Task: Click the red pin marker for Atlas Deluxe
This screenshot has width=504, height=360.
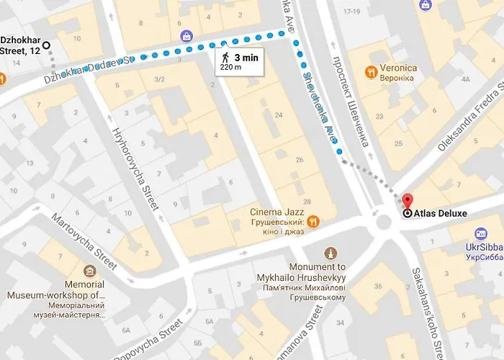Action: pos(408,202)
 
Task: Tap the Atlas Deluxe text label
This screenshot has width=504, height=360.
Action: pos(441,213)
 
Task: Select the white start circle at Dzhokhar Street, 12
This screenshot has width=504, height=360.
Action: pos(47,45)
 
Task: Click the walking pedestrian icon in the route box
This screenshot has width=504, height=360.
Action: pos(225,56)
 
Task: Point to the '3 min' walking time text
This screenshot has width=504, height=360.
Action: pos(246,56)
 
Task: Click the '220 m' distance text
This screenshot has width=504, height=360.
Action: pos(230,67)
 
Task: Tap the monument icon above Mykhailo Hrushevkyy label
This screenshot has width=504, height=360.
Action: pos(330,253)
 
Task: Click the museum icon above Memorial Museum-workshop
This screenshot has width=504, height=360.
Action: pos(89,271)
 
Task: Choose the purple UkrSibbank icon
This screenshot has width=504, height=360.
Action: pos(481,233)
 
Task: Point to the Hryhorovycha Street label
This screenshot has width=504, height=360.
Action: pos(135,170)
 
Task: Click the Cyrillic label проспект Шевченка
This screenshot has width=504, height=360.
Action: pos(350,102)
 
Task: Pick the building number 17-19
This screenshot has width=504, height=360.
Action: pos(352,12)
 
